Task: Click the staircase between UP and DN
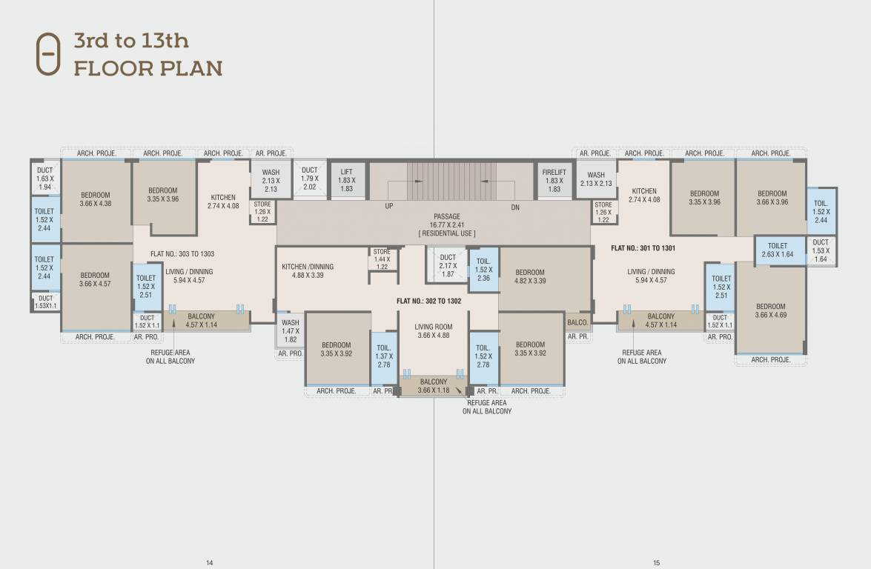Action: [x=451, y=182]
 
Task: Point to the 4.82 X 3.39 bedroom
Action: [x=530, y=276]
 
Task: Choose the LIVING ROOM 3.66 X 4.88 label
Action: [x=434, y=331]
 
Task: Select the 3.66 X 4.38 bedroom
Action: [x=96, y=200]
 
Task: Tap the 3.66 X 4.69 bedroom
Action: [x=771, y=311]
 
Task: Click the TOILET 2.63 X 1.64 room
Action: [x=778, y=250]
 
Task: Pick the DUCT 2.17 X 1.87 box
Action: [x=448, y=265]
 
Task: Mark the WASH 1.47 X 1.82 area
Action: [x=291, y=331]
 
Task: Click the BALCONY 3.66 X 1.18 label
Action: [x=433, y=386]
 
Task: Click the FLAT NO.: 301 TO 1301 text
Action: [x=643, y=248]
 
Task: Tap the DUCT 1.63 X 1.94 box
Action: [x=45, y=179]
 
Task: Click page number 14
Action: [x=210, y=563]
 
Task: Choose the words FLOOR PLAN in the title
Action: [x=148, y=69]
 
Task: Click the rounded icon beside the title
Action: [x=49, y=54]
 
